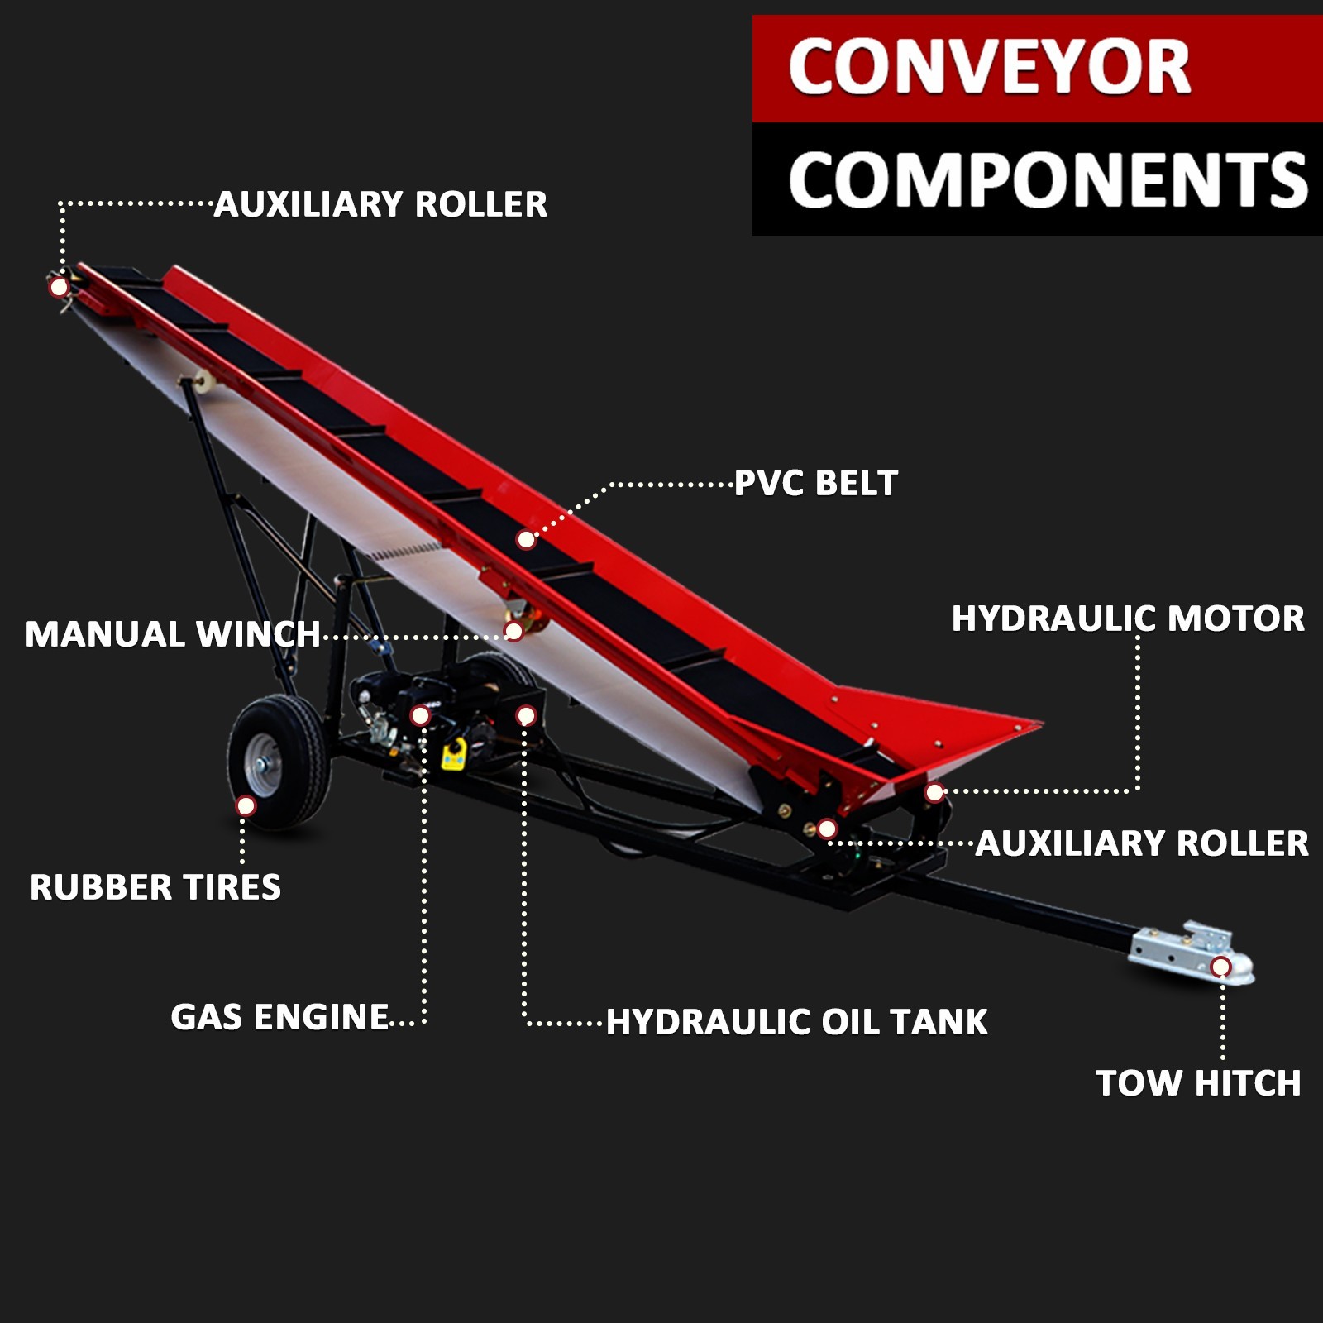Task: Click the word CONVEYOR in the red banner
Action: tap(989, 68)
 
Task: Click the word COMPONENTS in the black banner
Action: tap(1047, 180)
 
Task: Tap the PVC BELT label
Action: tap(815, 484)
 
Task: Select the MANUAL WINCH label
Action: tap(172, 635)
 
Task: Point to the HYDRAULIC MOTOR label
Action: tap(1128, 619)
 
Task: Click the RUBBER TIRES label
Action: tap(155, 887)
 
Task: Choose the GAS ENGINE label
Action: tap(279, 1017)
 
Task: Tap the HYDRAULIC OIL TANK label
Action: tap(796, 1022)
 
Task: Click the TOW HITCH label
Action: tap(1198, 1083)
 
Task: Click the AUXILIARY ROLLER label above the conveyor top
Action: tap(380, 204)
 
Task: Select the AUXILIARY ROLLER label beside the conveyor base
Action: tap(1141, 843)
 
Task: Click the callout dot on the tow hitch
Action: tap(1220, 967)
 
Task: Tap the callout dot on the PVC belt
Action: tap(526, 540)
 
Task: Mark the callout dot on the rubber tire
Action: tap(246, 805)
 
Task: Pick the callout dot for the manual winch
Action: tap(513, 632)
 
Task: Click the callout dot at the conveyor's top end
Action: tap(59, 287)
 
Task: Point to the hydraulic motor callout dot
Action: tap(934, 792)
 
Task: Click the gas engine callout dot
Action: tap(420, 715)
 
